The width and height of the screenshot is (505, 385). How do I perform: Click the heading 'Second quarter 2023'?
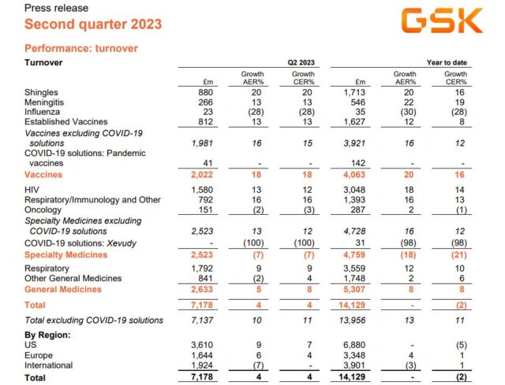[x=81, y=24]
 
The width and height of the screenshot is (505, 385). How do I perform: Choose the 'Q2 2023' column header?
[x=299, y=61]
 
